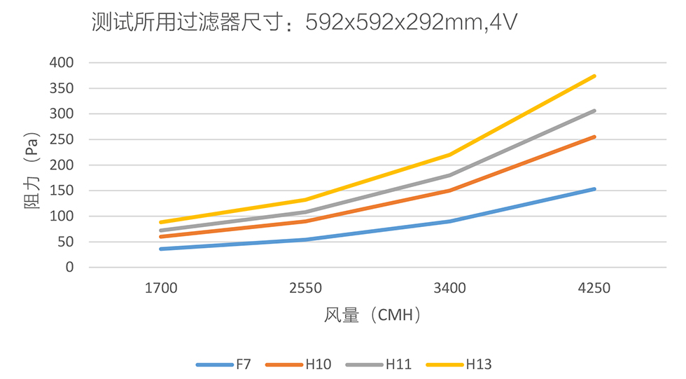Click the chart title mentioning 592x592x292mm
pos(304,23)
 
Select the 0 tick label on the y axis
pos(70,268)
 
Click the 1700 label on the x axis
pos(161,288)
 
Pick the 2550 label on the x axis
pos(305,288)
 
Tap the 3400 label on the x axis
pos(450,288)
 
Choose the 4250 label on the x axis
pos(594,288)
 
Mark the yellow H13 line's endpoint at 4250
pos(594,76)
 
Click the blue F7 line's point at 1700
pos(161,249)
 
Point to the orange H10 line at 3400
pos(450,191)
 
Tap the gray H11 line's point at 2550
pos(305,212)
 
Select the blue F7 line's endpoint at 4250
pos(594,189)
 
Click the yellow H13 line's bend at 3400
pos(450,155)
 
